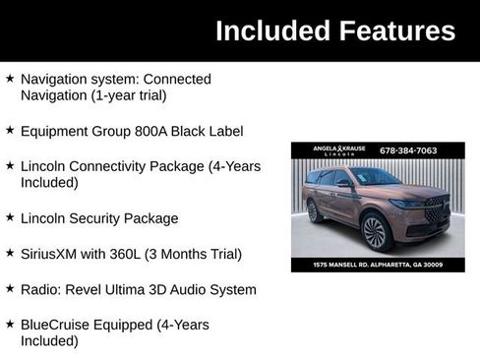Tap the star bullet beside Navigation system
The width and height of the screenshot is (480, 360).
(10, 78)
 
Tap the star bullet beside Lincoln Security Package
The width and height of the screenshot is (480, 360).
(10, 218)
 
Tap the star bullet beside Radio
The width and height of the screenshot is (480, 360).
(10, 289)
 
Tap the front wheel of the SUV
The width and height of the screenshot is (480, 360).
(374, 232)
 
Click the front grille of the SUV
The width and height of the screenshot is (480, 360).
(435, 210)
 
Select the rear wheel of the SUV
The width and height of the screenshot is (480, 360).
(314, 210)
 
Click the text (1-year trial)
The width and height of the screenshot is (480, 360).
(123, 95)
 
